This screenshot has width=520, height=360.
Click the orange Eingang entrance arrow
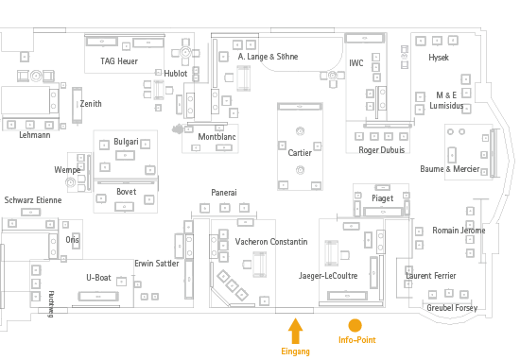(295, 331)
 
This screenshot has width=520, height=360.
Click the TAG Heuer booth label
(119, 61)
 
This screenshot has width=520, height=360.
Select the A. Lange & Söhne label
(268, 57)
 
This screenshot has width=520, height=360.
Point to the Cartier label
(300, 153)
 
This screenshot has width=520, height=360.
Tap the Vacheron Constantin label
(271, 242)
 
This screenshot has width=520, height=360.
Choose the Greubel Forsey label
(452, 308)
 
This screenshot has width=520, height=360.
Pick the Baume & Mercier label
(450, 169)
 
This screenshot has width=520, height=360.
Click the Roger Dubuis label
(381, 150)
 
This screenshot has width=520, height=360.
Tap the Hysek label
(439, 58)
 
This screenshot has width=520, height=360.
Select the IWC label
(355, 63)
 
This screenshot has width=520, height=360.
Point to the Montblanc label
(217, 137)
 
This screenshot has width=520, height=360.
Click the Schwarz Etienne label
(33, 200)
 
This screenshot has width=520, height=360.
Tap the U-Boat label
(98, 277)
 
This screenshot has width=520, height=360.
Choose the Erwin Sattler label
(156, 264)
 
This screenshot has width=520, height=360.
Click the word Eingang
(295, 351)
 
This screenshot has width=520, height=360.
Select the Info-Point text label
(355, 340)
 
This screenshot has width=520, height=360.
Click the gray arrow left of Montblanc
(176, 129)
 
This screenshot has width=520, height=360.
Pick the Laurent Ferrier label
(431, 275)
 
